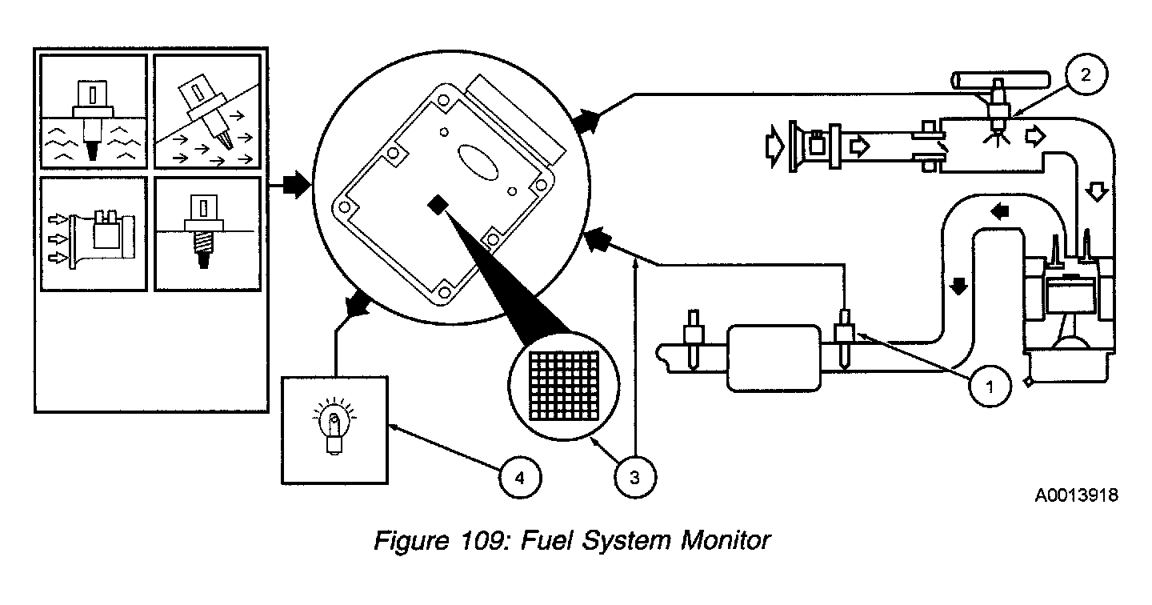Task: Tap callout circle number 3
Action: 634,479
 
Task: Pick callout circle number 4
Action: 520,479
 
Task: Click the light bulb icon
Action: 334,427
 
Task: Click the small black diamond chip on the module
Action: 438,206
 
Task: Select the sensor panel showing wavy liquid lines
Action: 95,111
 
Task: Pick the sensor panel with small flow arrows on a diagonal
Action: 207,111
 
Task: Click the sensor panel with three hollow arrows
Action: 95,234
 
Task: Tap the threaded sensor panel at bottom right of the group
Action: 207,234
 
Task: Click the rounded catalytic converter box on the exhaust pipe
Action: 774,357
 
